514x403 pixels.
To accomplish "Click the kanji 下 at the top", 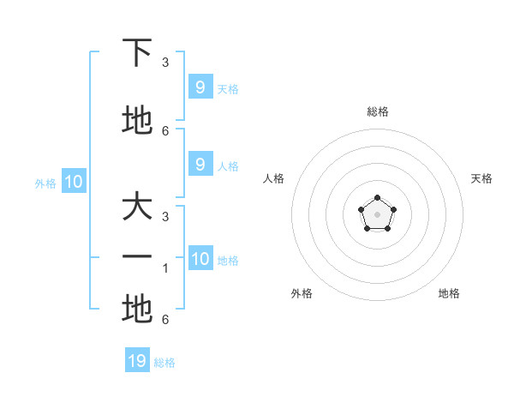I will [x=137, y=53].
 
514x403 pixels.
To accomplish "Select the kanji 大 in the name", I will [x=137, y=209].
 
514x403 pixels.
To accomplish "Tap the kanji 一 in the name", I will [x=137, y=258].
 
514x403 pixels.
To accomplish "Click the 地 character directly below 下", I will [x=137, y=120].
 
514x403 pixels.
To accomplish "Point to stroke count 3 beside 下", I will [x=165, y=63].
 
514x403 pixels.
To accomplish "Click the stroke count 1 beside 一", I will [x=165, y=268].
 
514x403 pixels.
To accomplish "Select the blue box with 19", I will [x=137, y=361].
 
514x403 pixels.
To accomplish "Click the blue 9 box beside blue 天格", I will [x=200, y=87].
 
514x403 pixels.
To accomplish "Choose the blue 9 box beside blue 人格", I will [x=200, y=165].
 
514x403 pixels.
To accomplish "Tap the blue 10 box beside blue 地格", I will [x=200, y=260].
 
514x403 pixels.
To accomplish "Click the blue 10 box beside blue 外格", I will [x=74, y=182].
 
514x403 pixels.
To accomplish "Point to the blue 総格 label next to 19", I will [x=164, y=363].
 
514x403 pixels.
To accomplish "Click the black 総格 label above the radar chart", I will [x=377, y=111].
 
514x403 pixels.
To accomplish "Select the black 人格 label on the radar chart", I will [x=274, y=178].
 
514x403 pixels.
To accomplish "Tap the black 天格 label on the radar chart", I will [x=481, y=178].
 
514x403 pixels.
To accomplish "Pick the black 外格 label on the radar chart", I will [x=302, y=293].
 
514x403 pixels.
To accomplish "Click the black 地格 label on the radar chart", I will [x=449, y=293].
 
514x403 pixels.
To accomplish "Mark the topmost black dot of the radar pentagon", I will [x=377, y=199].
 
